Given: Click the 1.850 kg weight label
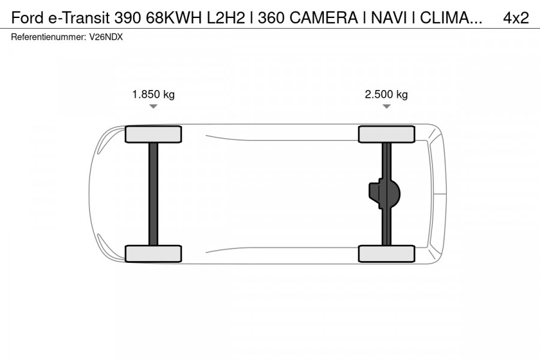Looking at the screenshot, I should (x=153, y=94).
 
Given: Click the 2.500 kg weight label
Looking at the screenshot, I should (x=386, y=94).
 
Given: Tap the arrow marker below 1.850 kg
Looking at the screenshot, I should (x=153, y=107).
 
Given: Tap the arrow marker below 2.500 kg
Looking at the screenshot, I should (x=386, y=107).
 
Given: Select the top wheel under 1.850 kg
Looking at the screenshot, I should (x=153, y=134).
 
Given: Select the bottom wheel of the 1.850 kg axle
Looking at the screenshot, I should (x=153, y=253).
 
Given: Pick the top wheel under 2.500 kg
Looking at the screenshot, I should (x=386, y=134).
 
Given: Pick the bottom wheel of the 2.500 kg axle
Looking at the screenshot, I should (x=386, y=253).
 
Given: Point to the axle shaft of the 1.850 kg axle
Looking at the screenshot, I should (x=153, y=193).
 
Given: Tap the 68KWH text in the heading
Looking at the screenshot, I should (x=175, y=18).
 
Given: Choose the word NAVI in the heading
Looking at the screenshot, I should (x=391, y=18).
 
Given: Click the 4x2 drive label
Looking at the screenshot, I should (x=516, y=18).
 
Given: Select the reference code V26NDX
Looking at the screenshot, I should (x=107, y=37).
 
